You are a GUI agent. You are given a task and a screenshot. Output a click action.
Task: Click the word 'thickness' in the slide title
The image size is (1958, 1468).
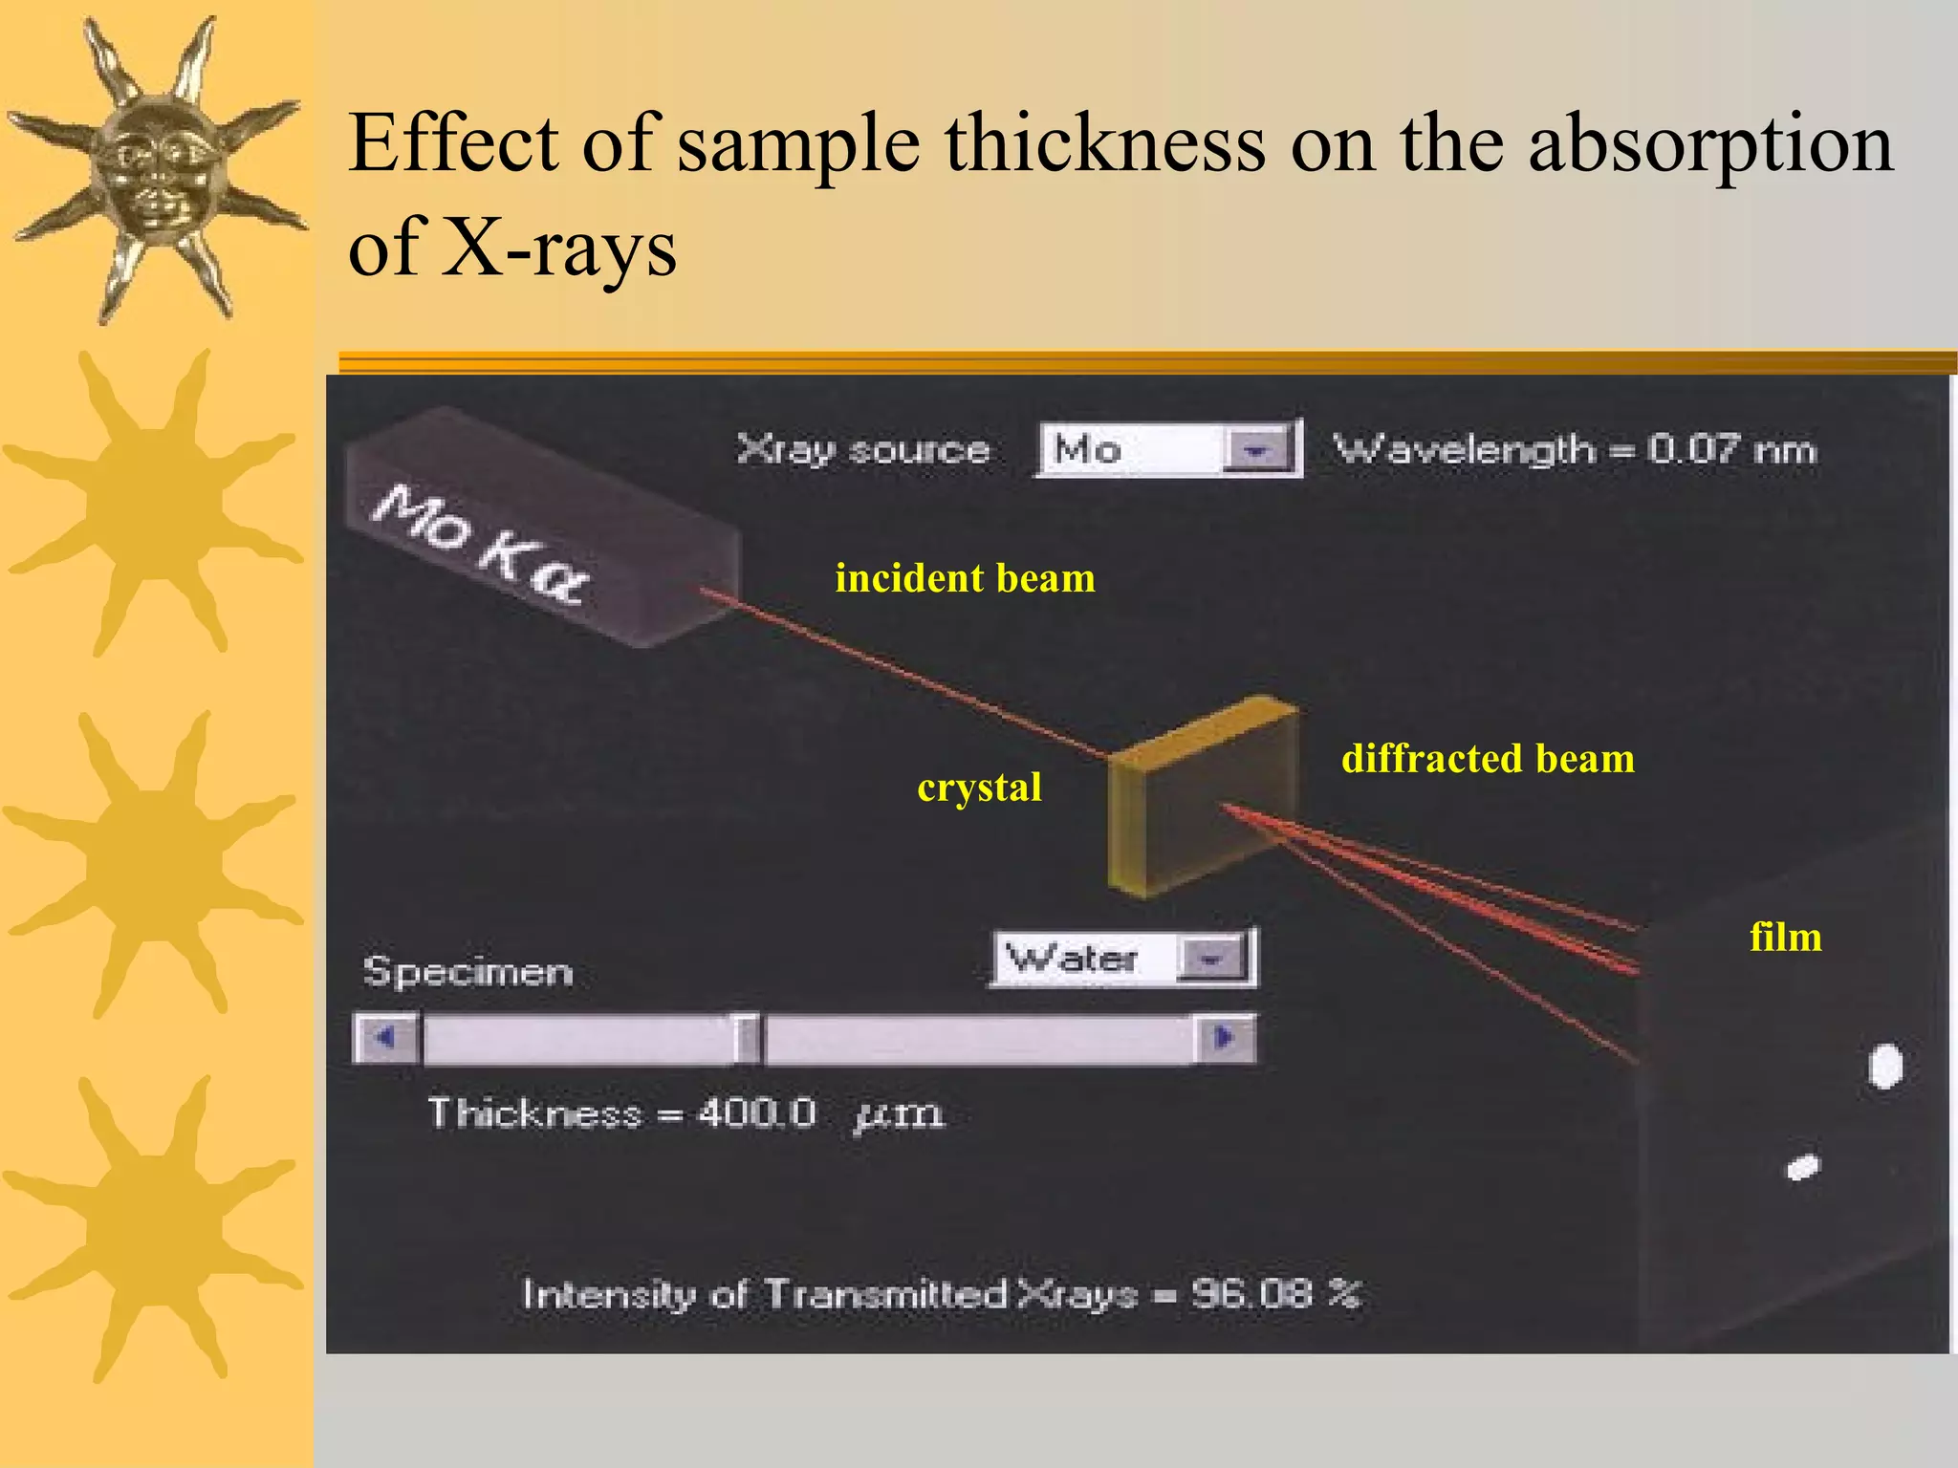click(x=1105, y=143)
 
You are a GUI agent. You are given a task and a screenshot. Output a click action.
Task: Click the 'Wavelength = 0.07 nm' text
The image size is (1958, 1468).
click(x=1574, y=449)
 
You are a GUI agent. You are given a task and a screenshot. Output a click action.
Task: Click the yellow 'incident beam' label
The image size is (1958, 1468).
click(x=965, y=579)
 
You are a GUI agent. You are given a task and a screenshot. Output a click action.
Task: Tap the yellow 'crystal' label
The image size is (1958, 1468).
click(x=979, y=788)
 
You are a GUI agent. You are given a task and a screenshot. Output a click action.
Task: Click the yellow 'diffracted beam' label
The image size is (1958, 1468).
click(x=1488, y=759)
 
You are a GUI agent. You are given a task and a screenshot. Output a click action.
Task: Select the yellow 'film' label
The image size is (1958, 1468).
click(x=1785, y=938)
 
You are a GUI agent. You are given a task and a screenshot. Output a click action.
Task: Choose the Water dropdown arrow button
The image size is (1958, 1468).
click(x=1212, y=959)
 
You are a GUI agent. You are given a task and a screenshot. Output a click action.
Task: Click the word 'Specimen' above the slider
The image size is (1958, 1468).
click(x=468, y=972)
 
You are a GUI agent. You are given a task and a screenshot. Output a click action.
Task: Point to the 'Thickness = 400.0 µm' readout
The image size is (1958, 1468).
click(x=685, y=1113)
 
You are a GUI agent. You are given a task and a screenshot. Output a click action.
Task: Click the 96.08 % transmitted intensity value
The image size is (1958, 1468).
click(x=1274, y=1295)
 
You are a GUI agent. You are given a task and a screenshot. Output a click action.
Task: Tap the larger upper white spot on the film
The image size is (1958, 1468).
click(x=1885, y=1067)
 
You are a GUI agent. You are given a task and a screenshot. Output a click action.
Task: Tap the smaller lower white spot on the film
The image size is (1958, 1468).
click(x=1803, y=1168)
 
